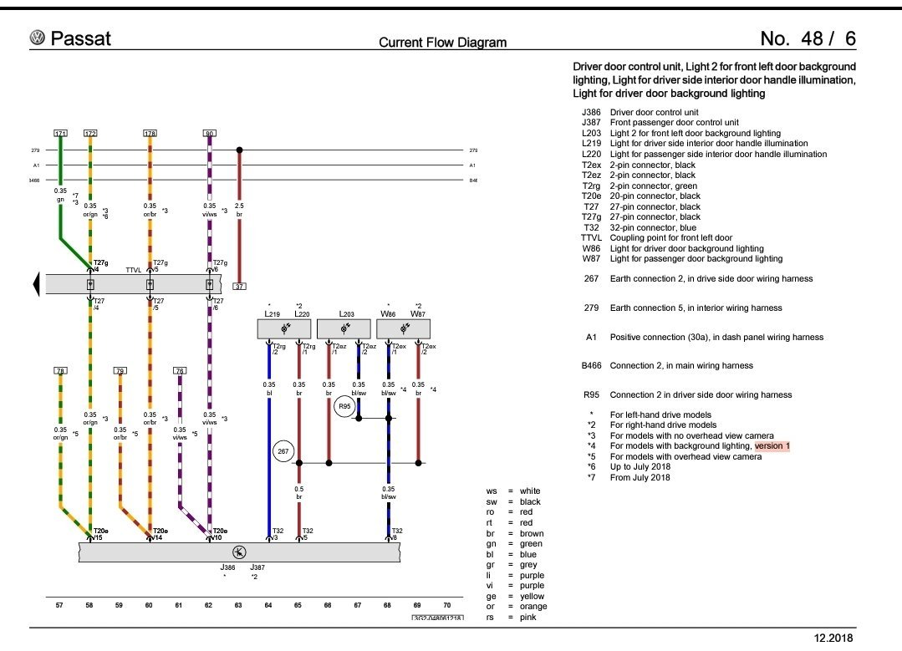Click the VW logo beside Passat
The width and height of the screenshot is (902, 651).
[x=37, y=38]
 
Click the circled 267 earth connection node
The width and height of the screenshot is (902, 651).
[x=284, y=451]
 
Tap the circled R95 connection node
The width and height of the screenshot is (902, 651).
[x=344, y=407]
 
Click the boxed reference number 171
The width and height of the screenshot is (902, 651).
[x=60, y=134]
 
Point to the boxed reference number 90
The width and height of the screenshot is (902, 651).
[x=209, y=134]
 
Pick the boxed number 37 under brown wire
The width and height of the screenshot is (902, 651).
[x=239, y=286]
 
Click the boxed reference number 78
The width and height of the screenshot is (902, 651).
[x=60, y=370]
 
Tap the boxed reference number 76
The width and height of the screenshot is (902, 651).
[x=180, y=370]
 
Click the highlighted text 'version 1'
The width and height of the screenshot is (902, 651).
[x=772, y=446]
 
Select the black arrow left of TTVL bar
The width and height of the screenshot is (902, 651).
[x=36, y=284]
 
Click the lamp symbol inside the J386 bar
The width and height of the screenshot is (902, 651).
[x=239, y=552]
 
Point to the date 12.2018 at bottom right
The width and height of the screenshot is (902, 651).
[x=833, y=638]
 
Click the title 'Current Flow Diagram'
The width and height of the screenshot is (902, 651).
[x=442, y=42]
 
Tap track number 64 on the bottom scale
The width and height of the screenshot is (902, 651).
[x=268, y=604]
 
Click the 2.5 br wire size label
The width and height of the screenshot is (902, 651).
[x=239, y=210]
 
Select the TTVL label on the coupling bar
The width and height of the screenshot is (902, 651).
[x=132, y=270]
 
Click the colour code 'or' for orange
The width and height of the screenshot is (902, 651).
[x=491, y=607]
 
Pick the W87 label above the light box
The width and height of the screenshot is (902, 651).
[x=418, y=315]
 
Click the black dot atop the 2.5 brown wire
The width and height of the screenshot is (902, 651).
[x=239, y=150]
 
